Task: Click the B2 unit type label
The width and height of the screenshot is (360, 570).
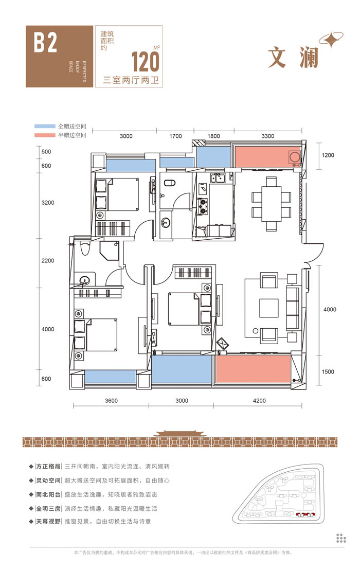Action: [x=45, y=44]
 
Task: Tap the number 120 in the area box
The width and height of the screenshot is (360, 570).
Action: [x=146, y=61]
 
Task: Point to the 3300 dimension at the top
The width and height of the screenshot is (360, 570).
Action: [x=267, y=136]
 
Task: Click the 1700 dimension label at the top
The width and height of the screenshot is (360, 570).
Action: [x=175, y=136]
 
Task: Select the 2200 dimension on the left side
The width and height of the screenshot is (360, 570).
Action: [x=48, y=261]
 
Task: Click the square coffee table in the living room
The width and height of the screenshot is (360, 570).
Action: [x=269, y=308]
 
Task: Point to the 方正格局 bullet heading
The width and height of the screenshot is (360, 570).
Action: [x=49, y=466]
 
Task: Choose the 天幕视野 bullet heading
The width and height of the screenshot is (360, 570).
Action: [x=49, y=522]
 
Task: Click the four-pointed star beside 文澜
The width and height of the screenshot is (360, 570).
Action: [x=331, y=40]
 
